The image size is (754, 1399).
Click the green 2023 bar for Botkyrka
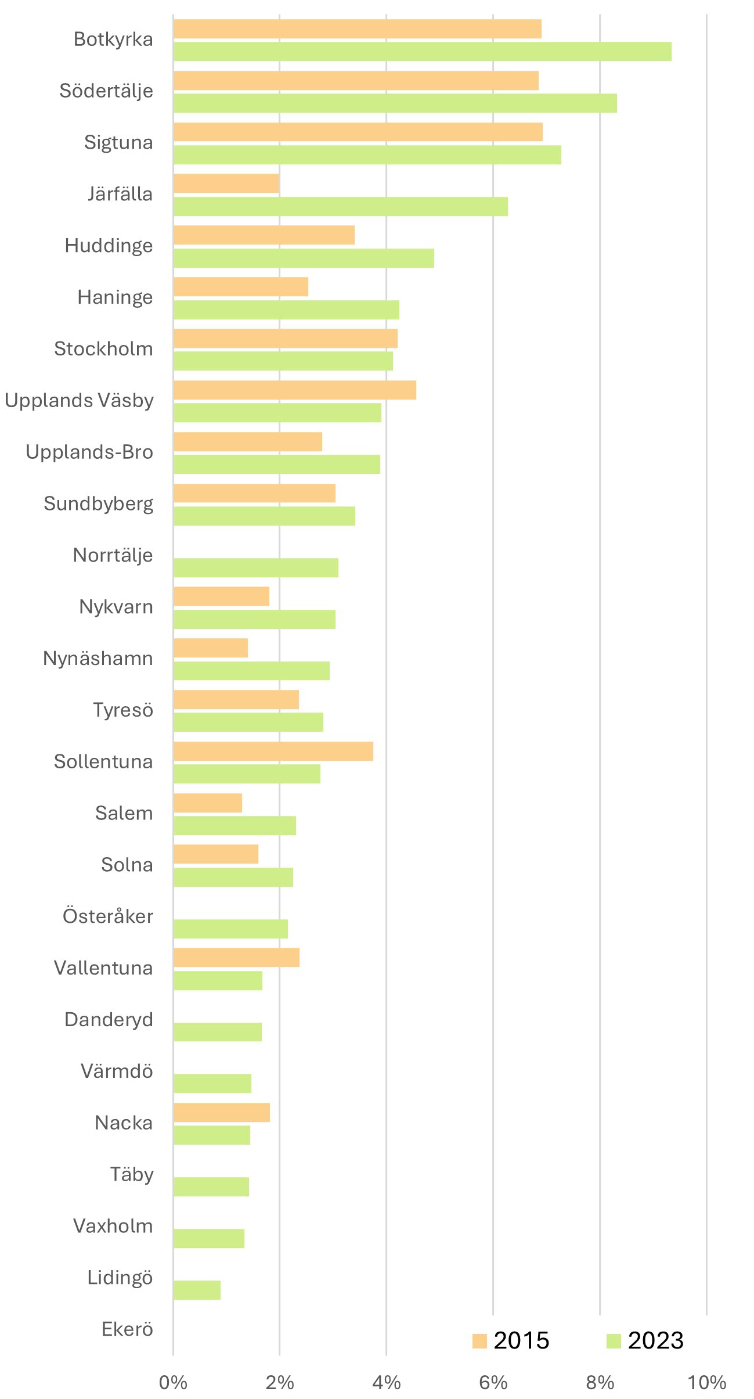422,52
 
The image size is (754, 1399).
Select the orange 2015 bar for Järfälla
226,184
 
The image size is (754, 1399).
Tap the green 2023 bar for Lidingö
197,1290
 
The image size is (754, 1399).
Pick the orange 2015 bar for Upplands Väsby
294,390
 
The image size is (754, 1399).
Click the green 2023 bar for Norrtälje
255,567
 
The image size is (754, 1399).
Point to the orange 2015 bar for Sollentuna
273,751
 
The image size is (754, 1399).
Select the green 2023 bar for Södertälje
395,103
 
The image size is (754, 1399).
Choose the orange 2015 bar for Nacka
221,1112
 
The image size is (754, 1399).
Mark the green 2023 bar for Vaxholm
208,1238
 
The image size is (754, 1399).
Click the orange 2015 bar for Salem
207,803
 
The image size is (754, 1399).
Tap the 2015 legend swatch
479,1341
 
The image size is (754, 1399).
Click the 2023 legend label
656,1341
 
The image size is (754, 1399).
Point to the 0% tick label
173,1383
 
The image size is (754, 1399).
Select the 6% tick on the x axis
493,1383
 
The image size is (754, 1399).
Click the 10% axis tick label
706,1383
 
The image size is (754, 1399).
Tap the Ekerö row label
127,1329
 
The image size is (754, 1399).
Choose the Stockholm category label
103,349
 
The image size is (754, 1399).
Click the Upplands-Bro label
89,452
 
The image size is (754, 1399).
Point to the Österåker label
108,916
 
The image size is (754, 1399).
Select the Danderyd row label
109,1019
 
